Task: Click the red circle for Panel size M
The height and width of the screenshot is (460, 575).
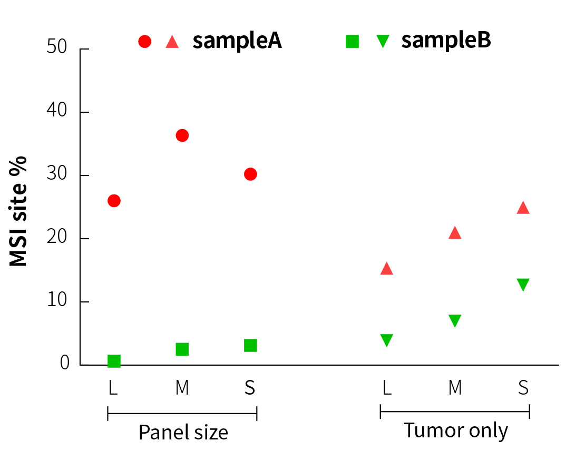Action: [x=182, y=135]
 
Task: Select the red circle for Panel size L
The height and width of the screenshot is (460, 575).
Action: [x=114, y=201]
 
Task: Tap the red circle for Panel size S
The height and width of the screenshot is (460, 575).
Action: [x=250, y=174]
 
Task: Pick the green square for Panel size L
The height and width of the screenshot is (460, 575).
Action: [x=114, y=361]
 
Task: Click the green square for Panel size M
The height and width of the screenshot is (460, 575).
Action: [x=182, y=349]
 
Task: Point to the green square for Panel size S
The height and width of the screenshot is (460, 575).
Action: [x=250, y=345]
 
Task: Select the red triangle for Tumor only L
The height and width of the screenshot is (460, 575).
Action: [x=386, y=269]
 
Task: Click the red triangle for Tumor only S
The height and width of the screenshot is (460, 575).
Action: [x=523, y=208]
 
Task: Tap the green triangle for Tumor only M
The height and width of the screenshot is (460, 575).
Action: [x=455, y=320]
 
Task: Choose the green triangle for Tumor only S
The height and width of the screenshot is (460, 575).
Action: [x=523, y=285]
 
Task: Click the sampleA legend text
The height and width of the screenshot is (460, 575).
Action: [x=237, y=41]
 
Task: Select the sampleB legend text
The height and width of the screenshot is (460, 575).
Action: [x=446, y=41]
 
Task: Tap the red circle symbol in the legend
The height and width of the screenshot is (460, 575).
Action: [x=144, y=41]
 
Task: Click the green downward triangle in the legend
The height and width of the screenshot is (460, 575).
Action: [x=383, y=41]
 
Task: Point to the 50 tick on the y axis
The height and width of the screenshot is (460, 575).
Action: [x=84, y=49]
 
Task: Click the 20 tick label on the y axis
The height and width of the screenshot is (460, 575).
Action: [x=57, y=238]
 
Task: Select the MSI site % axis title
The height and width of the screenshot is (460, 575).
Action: [x=18, y=211]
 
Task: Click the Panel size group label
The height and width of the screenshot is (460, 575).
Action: [x=183, y=433]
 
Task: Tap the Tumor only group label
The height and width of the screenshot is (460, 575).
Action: [x=455, y=430]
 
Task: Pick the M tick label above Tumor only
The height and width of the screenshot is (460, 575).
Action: [x=455, y=388]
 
